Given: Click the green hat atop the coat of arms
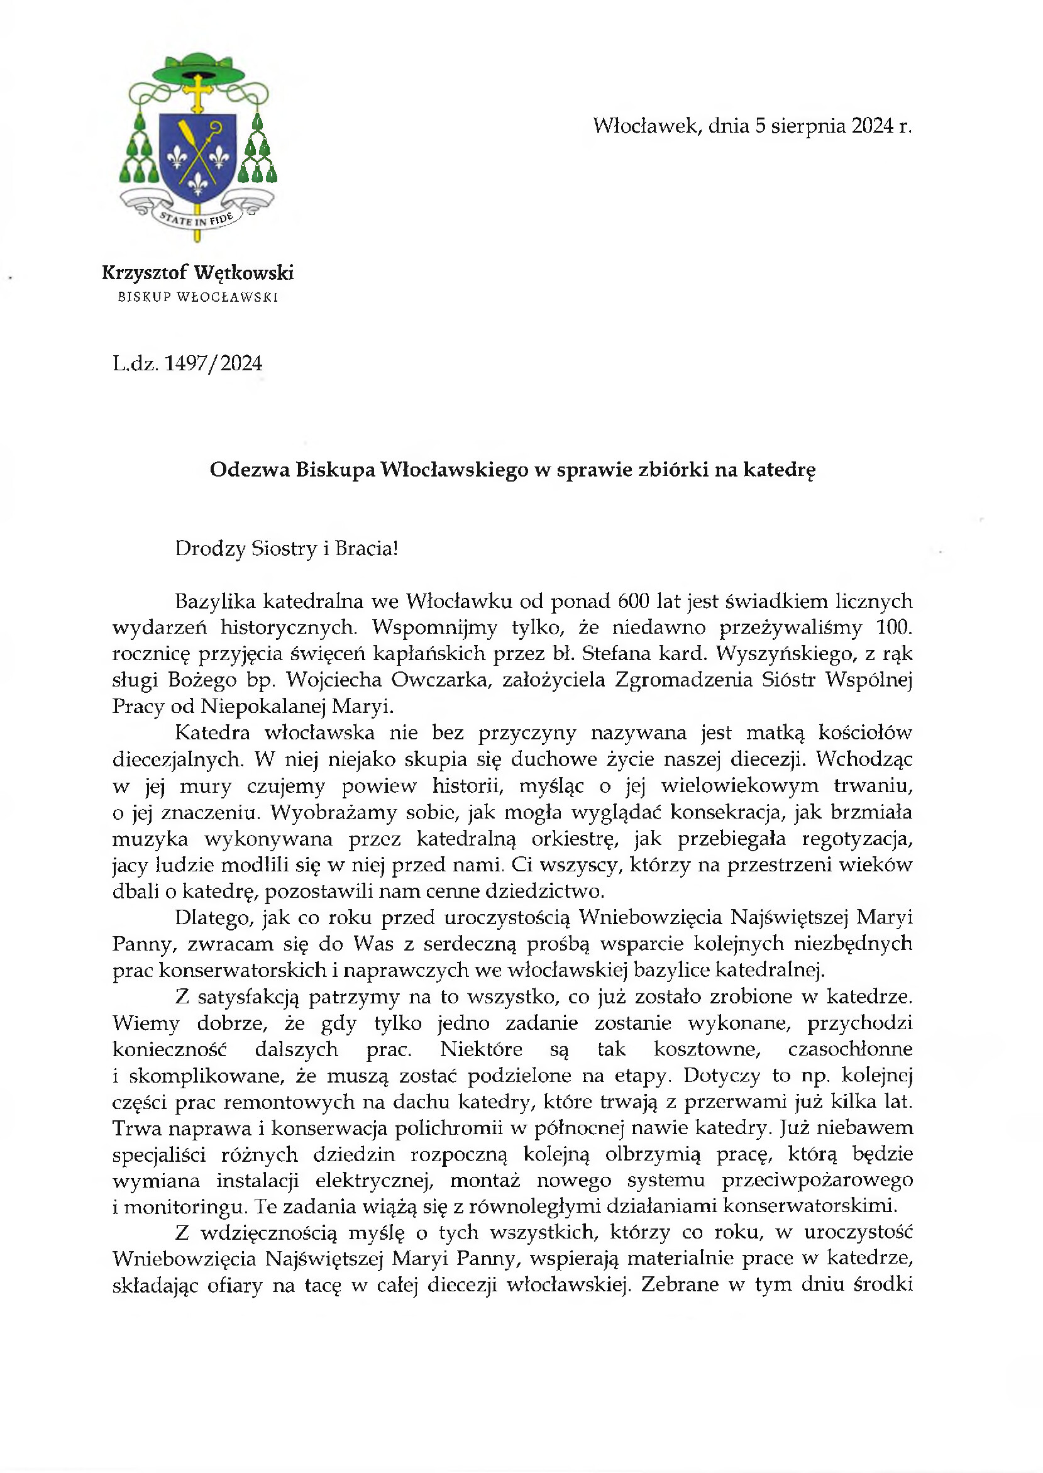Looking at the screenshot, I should coord(198,66).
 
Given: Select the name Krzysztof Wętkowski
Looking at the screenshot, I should coord(198,273).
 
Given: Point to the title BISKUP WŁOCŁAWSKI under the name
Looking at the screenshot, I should coord(198,298).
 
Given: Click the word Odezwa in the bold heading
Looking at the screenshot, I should coord(249,471).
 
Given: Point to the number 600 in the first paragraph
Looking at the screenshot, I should coord(632,601).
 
